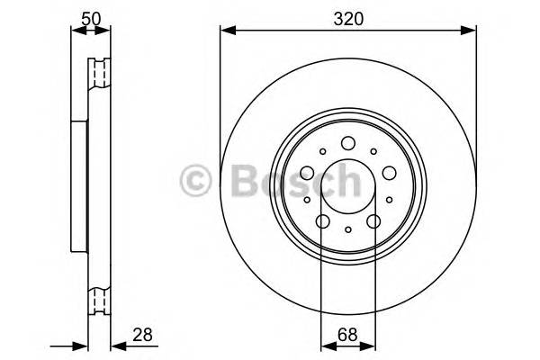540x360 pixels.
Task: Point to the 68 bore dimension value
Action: (x=347, y=335)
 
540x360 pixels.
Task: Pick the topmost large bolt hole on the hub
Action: (x=347, y=141)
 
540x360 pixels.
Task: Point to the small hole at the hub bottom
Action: (x=347, y=230)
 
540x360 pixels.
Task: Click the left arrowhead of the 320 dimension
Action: (x=225, y=31)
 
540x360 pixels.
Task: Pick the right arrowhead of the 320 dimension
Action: (x=471, y=31)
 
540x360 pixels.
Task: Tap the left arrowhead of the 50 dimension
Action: (x=75, y=31)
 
